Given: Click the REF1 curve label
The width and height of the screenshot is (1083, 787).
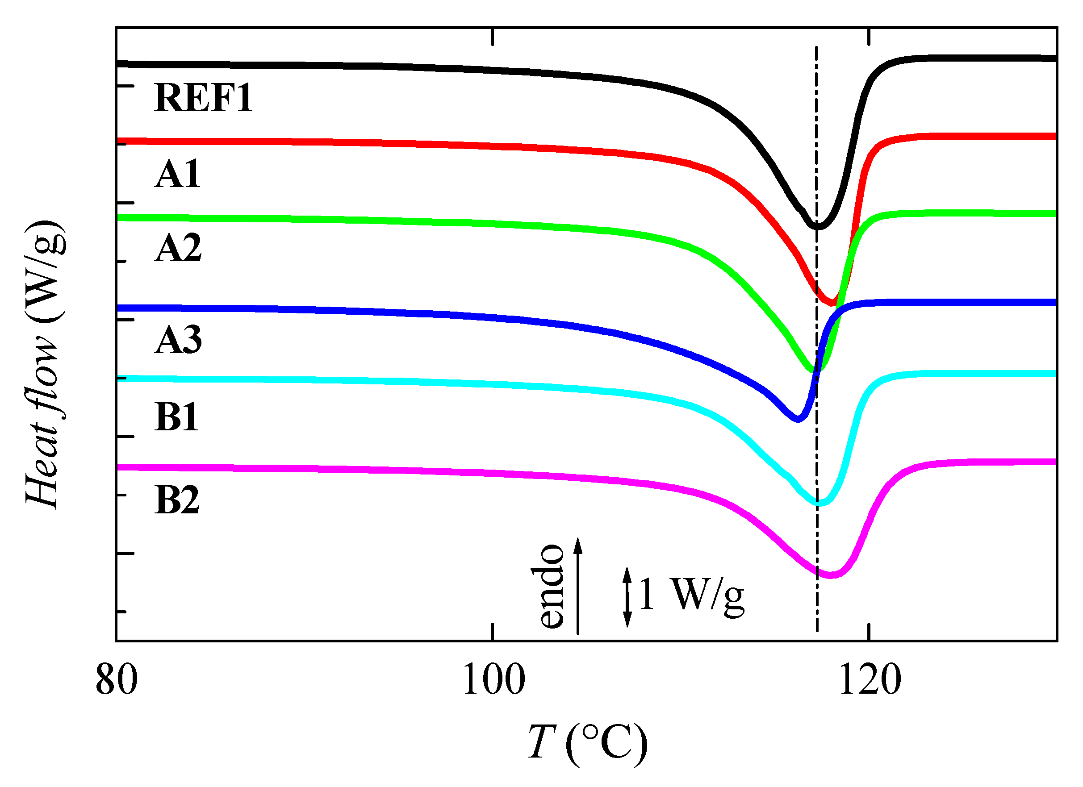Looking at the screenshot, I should pyautogui.click(x=203, y=98).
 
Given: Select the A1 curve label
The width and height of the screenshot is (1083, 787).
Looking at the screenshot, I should pyautogui.click(x=178, y=175).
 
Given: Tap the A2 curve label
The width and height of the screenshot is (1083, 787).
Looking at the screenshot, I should pyautogui.click(x=178, y=248).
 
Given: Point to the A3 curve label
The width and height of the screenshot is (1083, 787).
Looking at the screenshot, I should pyautogui.click(x=178, y=341).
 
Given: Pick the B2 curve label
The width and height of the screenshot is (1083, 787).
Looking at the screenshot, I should pyautogui.click(x=177, y=501).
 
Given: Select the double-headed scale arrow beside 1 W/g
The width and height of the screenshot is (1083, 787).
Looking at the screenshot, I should pyautogui.click(x=627, y=597).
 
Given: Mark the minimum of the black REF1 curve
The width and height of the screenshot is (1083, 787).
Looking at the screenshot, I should pyautogui.click(x=817, y=226).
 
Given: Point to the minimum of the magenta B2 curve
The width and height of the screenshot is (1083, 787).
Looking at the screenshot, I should pyautogui.click(x=830, y=575).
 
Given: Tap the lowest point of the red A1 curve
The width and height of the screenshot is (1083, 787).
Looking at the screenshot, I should pyautogui.click(x=832, y=303).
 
